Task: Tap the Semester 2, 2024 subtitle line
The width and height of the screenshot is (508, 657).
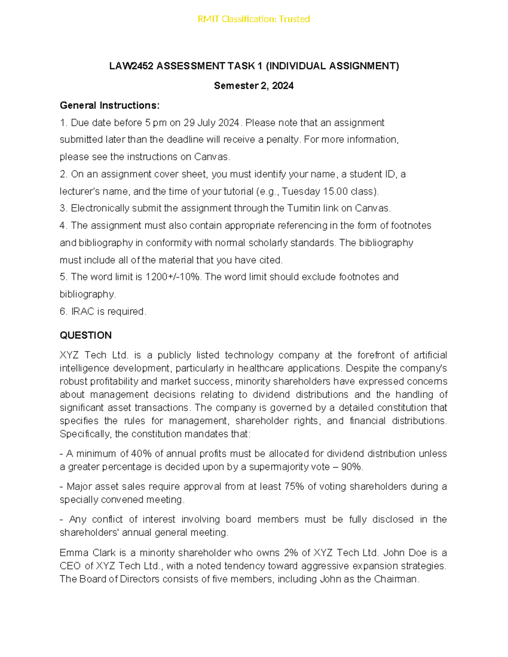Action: tap(254, 86)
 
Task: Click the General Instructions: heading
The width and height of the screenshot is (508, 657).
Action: tap(110, 105)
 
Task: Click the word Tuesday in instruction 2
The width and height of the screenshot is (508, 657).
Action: tap(301, 191)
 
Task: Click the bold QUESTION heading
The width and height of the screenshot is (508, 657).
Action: tap(86, 335)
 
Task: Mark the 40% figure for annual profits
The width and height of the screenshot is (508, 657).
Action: tap(141, 454)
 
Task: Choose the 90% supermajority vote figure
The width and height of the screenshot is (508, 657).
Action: tap(351, 467)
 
